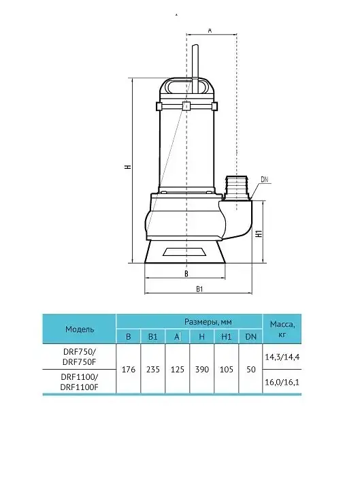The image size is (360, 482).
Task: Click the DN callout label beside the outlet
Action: tap(264, 179)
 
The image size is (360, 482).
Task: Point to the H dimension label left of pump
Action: tap(128, 167)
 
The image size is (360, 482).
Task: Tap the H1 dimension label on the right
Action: tap(259, 234)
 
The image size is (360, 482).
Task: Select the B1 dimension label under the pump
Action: tap(199, 289)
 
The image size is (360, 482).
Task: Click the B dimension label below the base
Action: tap(186, 274)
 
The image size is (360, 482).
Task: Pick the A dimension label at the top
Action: tap(210, 31)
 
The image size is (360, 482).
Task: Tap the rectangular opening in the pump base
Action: tap(185, 252)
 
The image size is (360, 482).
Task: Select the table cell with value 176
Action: tap(129, 369)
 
